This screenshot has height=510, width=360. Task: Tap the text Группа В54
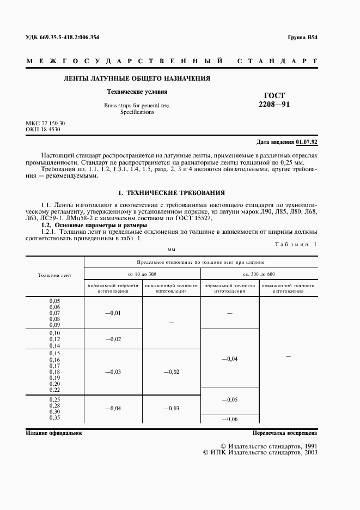coord(302,38)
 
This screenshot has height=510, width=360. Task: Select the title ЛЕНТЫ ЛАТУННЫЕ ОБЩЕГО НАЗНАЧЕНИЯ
coord(137,78)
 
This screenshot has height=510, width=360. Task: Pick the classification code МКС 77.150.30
coord(46,124)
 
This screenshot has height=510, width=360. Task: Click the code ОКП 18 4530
coord(43,130)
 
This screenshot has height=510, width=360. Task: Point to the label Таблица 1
coord(298,244)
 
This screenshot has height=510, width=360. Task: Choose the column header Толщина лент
coord(54,276)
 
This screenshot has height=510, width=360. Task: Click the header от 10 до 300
coord(142,273)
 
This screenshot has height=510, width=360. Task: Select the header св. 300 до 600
coord(259,273)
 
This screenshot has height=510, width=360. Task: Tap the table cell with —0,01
coord(113,313)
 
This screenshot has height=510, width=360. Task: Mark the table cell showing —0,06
coord(230,418)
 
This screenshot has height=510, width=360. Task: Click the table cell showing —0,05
coord(230,400)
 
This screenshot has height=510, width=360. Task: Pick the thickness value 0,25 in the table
coord(54,400)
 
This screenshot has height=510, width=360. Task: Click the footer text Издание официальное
coord(54,433)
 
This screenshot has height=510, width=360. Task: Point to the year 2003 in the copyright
coord(308,452)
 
